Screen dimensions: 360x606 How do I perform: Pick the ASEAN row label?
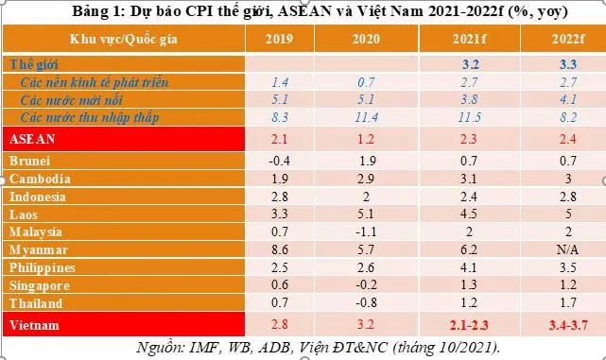coord(34,139)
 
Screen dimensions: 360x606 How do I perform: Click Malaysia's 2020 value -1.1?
coord(368,231)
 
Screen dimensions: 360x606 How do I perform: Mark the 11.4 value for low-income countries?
coord(368,115)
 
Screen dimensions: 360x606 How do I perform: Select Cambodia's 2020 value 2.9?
coord(368,179)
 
